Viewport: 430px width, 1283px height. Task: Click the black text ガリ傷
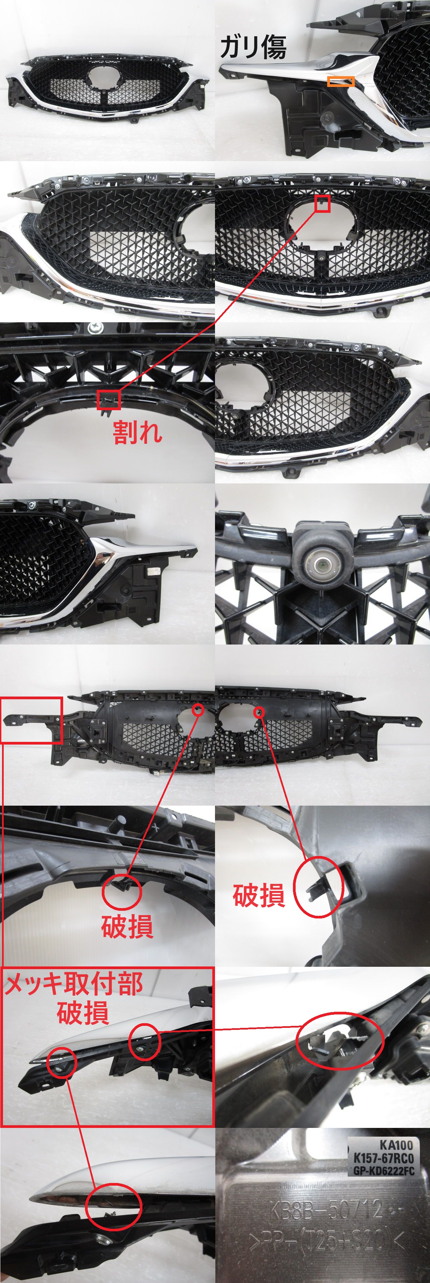[x=253, y=47]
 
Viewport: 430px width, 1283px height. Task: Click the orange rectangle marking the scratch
[x=341, y=82]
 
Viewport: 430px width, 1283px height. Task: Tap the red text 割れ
[x=137, y=432]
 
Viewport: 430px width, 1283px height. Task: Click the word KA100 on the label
[x=396, y=1145]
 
